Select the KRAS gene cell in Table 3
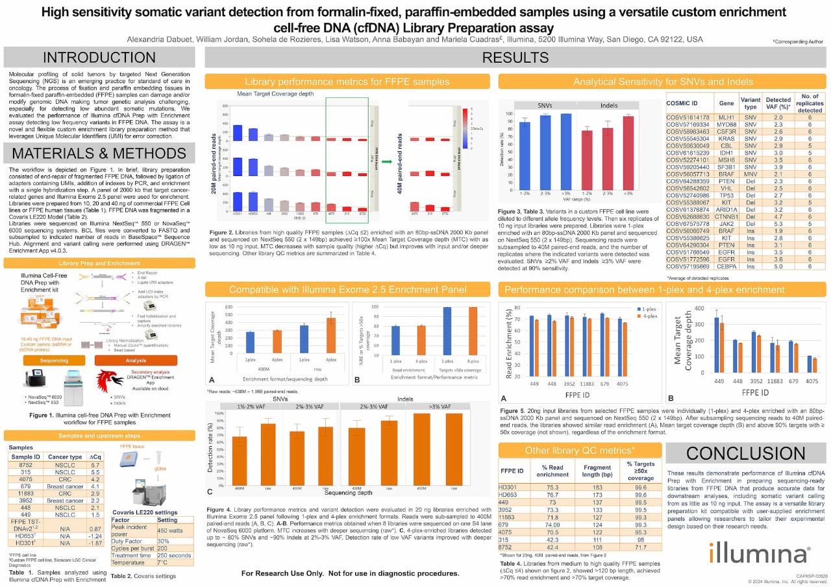(x=726, y=138)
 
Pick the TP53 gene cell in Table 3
(x=726, y=195)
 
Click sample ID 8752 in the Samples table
(x=21, y=466)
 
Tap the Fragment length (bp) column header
(x=597, y=471)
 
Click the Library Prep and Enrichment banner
(x=101, y=263)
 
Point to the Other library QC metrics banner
(x=580, y=450)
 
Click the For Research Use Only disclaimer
(x=350, y=573)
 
